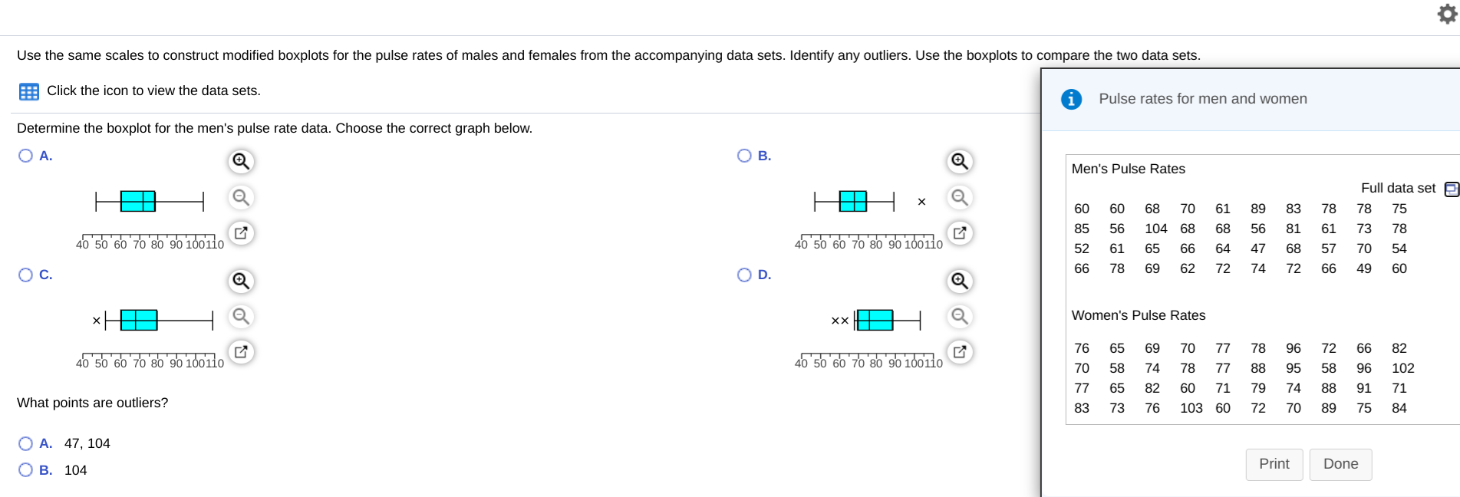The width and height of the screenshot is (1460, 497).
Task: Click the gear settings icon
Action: [1446, 13]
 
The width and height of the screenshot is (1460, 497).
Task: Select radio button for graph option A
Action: [25, 156]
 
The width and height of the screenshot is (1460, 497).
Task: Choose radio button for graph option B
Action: [743, 156]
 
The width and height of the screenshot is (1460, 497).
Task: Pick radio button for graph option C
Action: [25, 275]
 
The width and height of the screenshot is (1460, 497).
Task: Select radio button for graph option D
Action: [743, 275]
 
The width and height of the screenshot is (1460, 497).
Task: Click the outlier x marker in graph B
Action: [921, 202]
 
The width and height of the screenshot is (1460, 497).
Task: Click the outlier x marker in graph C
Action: [96, 321]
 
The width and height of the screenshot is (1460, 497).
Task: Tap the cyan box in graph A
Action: [138, 201]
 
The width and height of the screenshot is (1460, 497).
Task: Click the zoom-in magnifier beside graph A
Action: [241, 161]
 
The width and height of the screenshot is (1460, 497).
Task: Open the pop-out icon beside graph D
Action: [959, 352]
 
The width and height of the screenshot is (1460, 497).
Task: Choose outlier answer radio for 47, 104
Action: [25, 443]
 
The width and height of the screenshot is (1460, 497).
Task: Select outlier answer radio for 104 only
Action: [25, 470]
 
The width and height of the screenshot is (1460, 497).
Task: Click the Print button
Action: [1274, 464]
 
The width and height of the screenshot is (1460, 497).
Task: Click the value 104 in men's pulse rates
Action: [1155, 229]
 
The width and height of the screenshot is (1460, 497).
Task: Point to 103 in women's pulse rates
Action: [1191, 408]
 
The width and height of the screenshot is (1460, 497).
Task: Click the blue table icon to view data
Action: [29, 92]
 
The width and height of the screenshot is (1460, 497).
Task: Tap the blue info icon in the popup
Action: [1071, 99]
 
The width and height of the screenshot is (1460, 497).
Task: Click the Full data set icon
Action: [1451, 189]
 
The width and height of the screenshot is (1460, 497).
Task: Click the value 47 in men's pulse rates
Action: [1257, 248]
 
